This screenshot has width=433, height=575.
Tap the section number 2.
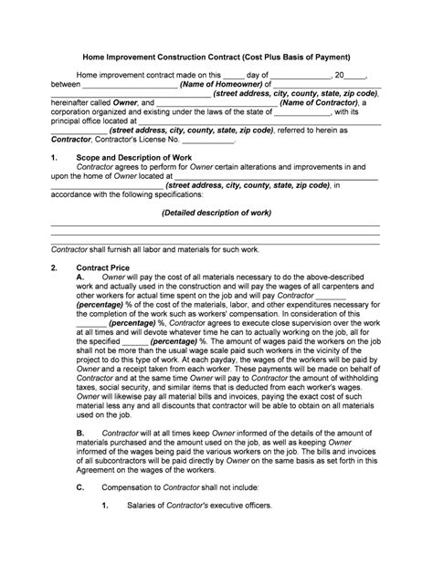(54, 267)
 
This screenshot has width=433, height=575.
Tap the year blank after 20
(354, 74)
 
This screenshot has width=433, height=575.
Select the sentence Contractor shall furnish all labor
(155, 248)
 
